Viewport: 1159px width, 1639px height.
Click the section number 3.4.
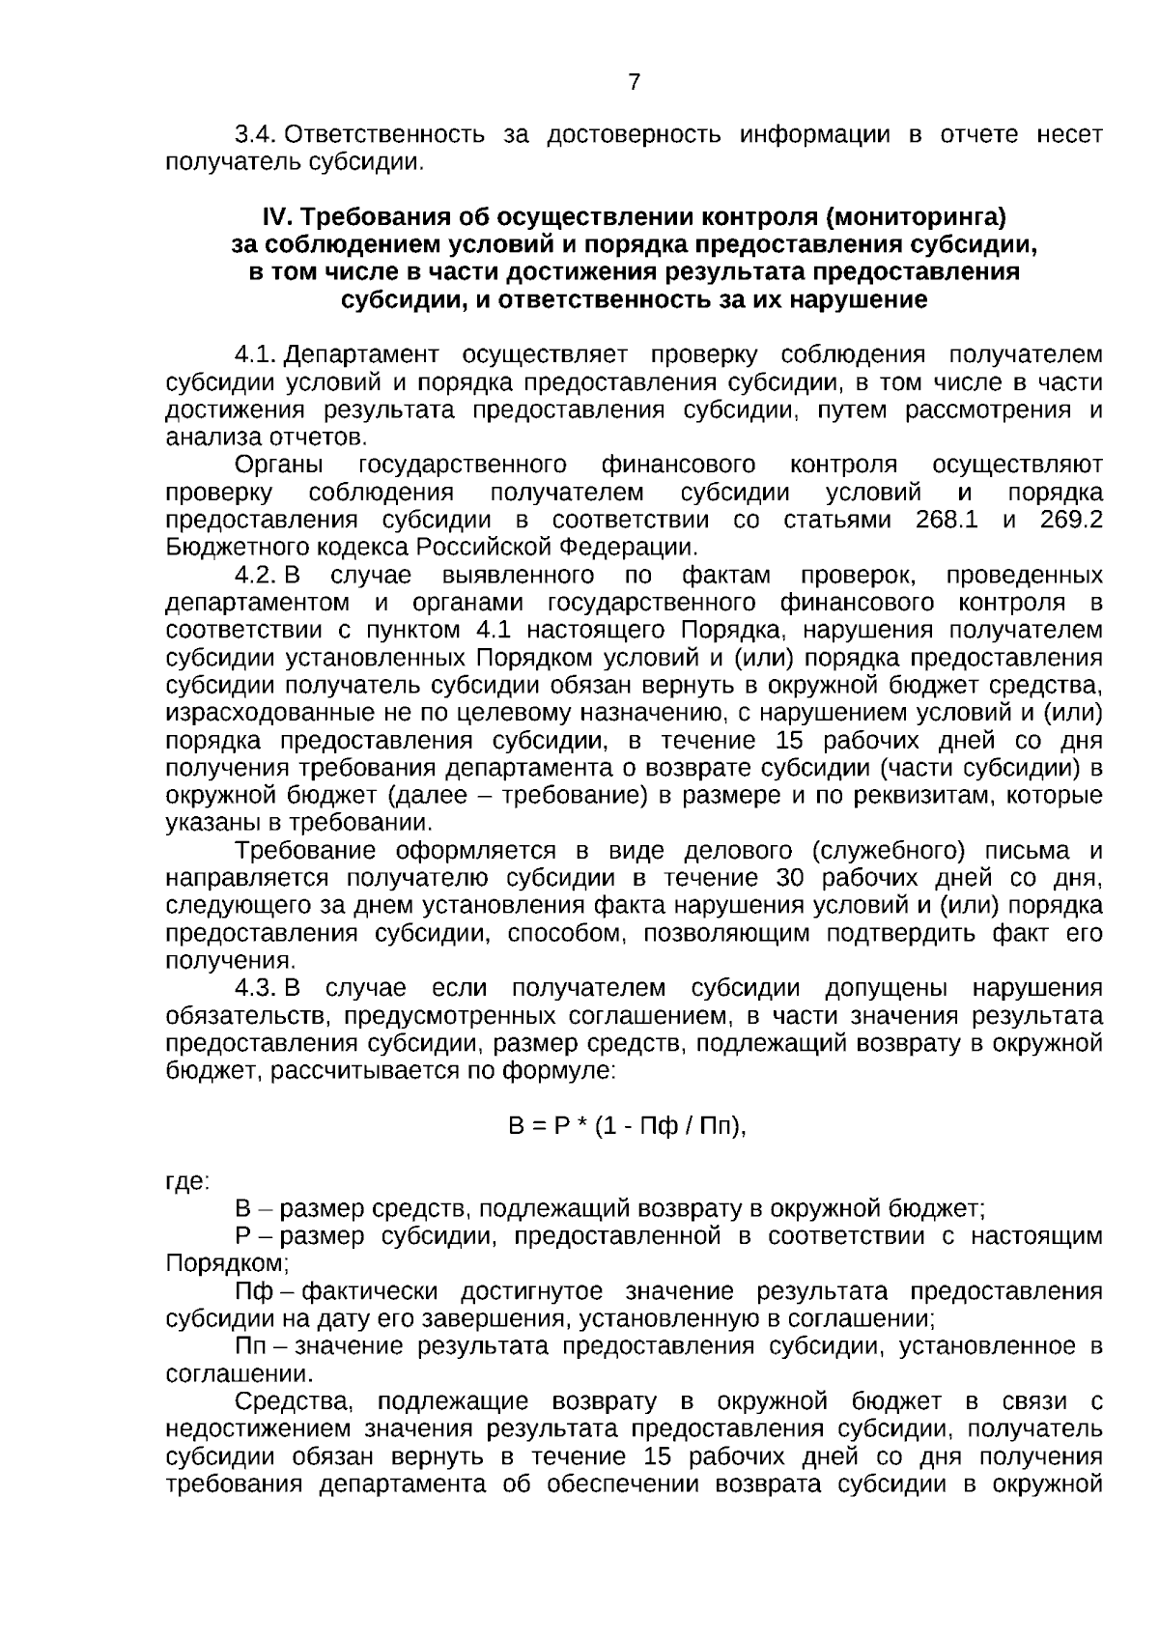(x=256, y=135)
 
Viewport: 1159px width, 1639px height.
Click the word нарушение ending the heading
(x=862, y=300)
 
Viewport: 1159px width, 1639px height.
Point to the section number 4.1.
(x=256, y=355)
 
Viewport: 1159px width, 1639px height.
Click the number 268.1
(x=946, y=521)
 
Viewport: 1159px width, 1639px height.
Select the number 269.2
(x=1071, y=521)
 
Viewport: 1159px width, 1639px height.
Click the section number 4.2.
(x=256, y=577)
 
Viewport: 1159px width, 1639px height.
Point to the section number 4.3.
(x=256, y=989)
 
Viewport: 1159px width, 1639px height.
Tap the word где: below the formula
(x=187, y=1182)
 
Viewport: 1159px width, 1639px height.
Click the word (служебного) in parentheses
(x=889, y=851)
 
